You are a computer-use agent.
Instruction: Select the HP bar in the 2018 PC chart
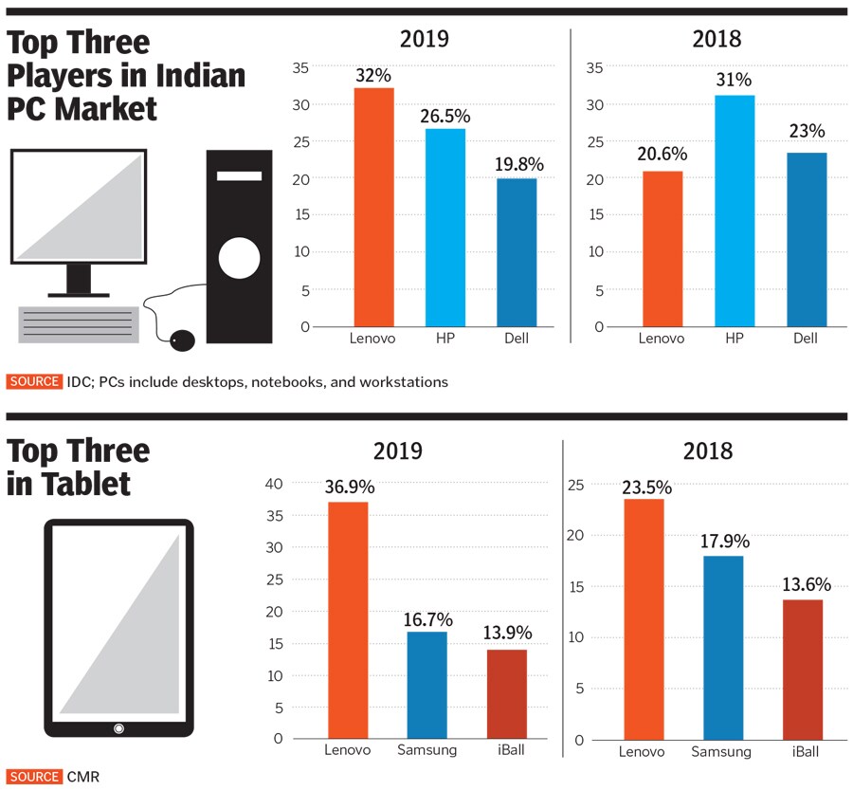pyautogui.click(x=735, y=211)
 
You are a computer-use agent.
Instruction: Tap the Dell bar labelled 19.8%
pyautogui.click(x=516, y=252)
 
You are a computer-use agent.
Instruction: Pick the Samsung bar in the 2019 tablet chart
pyautogui.click(x=427, y=685)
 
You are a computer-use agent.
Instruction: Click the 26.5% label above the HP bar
pyautogui.click(x=445, y=116)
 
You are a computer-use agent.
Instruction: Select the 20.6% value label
pyautogui.click(x=662, y=155)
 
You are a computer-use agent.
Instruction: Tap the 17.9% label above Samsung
pyautogui.click(x=725, y=542)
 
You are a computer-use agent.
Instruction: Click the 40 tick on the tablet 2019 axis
pyautogui.click(x=273, y=484)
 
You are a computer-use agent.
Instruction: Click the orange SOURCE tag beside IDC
pyautogui.click(x=34, y=382)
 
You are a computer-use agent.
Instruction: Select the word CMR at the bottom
pyautogui.click(x=83, y=777)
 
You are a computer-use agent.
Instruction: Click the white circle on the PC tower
pyautogui.click(x=239, y=256)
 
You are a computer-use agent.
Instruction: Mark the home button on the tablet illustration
pyautogui.click(x=118, y=727)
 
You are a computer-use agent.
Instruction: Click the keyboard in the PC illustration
pyautogui.click(x=78, y=324)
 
